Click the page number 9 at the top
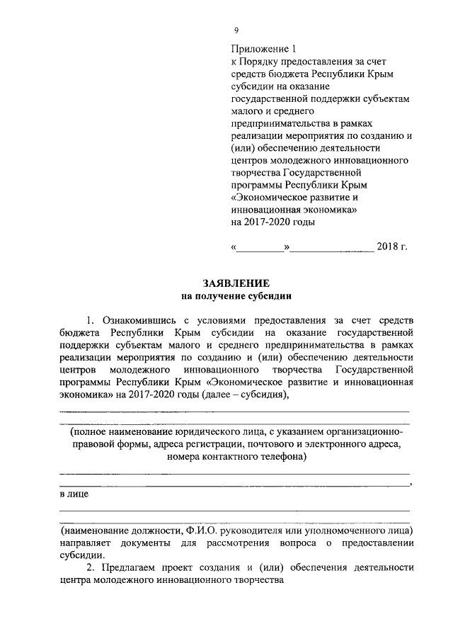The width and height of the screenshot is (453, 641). tap(236, 29)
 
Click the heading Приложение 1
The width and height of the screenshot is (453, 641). tap(261, 50)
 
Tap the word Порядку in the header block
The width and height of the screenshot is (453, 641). tap(265, 62)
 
